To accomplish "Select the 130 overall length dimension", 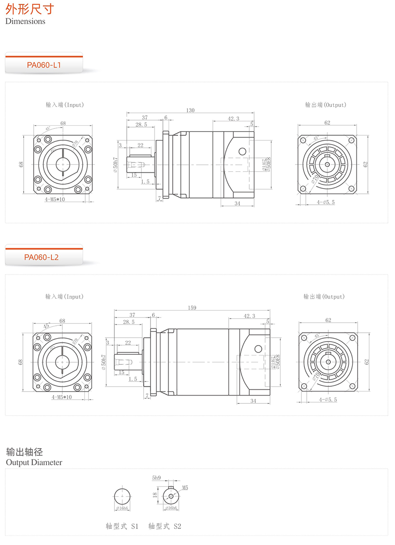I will click(190, 110).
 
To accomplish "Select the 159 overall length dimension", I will click(192, 308).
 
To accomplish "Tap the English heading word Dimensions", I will click(25, 21).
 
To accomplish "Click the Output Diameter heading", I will click(34, 462).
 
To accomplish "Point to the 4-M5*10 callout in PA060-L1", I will click(61, 200).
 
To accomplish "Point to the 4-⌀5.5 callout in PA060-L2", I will click(327, 399).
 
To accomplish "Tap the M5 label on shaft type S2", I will click(185, 488).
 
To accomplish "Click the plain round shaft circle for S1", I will click(122, 496).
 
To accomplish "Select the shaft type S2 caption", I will click(165, 526).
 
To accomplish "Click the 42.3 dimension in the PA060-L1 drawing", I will click(233, 118).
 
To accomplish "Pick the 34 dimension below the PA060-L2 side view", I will click(253, 401).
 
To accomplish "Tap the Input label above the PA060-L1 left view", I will click(65, 105).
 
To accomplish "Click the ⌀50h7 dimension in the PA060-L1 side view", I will click(115, 164).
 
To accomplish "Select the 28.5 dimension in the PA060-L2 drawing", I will click(129, 321).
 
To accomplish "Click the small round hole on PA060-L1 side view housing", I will click(242, 151).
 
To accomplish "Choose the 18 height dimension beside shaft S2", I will click(155, 495).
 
